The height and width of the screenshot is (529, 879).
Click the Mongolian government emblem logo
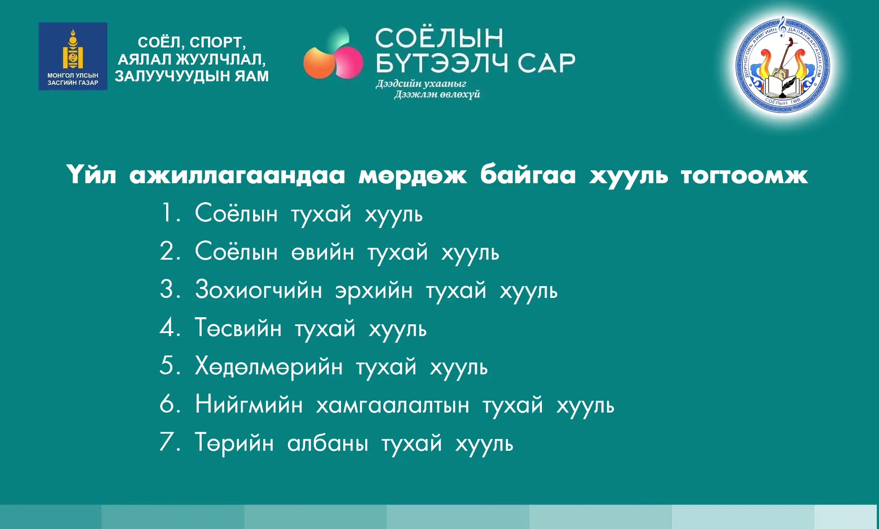tap(73, 56)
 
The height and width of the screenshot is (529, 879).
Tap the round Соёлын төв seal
tap(783, 65)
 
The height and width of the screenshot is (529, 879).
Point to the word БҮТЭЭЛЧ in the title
tap(441, 63)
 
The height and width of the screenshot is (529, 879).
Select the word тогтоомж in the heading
tap(744, 175)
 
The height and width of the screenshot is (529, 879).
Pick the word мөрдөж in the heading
tap(412, 175)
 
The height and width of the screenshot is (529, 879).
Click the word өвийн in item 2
tap(323, 253)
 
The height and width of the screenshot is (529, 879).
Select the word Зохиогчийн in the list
tap(258, 290)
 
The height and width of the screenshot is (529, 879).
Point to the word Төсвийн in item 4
tap(238, 328)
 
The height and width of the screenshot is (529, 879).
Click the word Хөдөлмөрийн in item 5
tap(269, 366)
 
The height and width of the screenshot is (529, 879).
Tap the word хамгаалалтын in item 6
tap(392, 405)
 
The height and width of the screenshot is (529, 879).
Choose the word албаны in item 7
tap(327, 443)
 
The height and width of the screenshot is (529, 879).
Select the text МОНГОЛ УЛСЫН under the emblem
tap(73, 76)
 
